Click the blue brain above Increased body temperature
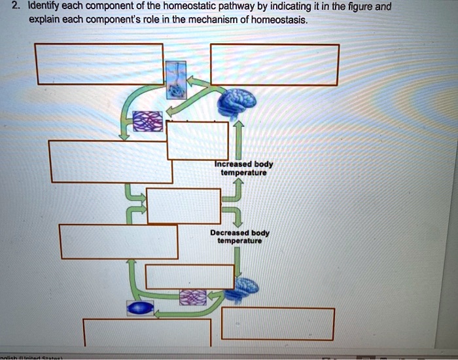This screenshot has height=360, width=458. coord(237,101)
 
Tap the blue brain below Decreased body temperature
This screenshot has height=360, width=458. coord(247,285)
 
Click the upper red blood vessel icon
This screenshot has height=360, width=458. coord(146,121)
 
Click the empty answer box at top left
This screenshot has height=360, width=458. coord(99,64)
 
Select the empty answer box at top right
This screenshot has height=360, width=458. coord(274,64)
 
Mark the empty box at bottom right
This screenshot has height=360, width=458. coord(277,323)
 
